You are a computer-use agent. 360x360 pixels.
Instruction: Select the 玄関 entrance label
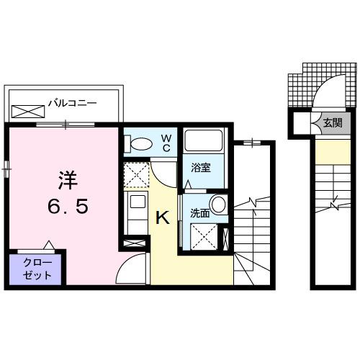point(332,123)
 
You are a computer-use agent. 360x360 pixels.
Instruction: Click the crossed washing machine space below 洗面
point(204,235)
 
